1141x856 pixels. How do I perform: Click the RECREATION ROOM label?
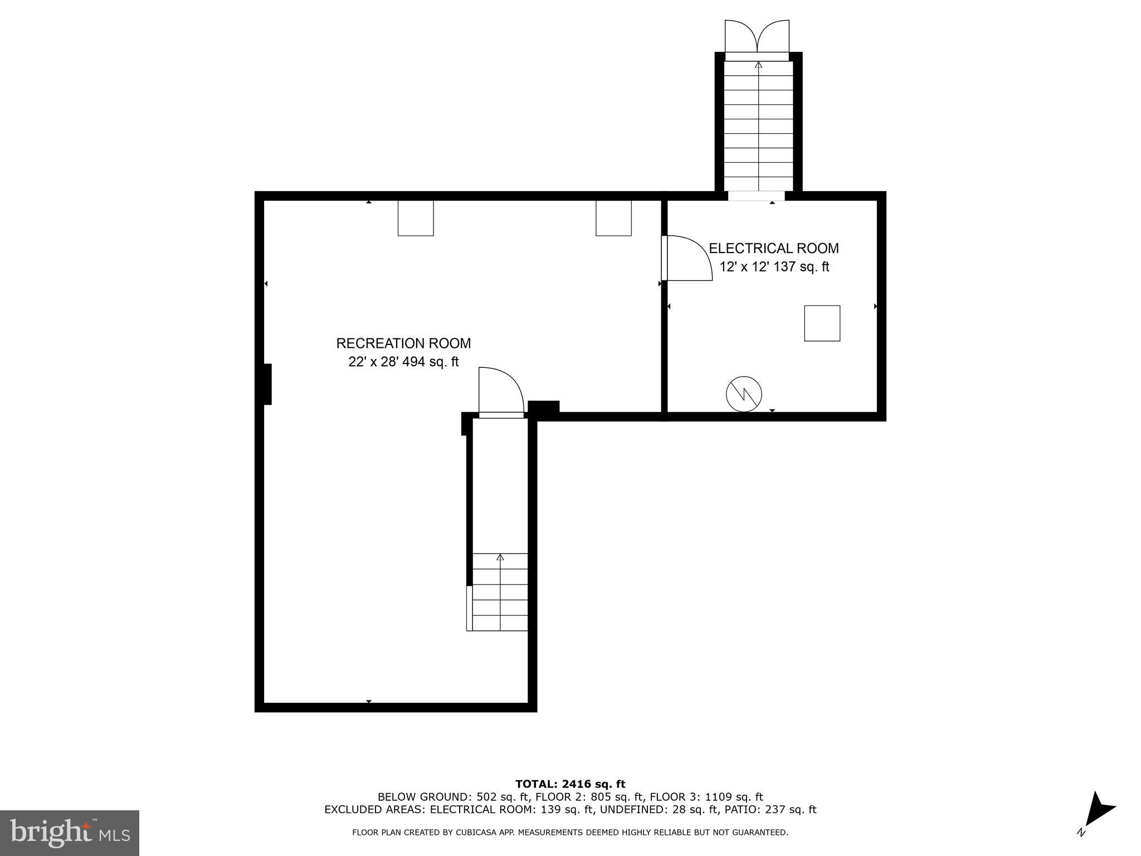(x=403, y=343)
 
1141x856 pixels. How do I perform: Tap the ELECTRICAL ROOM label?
(x=773, y=248)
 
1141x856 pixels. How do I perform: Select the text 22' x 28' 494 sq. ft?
(x=403, y=362)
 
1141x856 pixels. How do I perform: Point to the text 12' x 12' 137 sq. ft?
(x=774, y=267)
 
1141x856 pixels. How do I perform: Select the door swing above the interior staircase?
(x=500, y=390)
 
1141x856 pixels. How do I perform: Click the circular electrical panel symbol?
(x=744, y=394)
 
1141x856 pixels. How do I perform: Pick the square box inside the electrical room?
(x=822, y=323)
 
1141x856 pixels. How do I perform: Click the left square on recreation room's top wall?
(x=416, y=218)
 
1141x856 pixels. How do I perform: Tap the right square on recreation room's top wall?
(x=613, y=218)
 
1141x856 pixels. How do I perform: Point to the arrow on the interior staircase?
(x=500, y=557)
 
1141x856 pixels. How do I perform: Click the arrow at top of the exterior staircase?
(x=758, y=65)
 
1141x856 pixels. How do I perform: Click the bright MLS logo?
(x=70, y=833)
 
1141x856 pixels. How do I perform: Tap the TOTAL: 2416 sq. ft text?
(x=570, y=784)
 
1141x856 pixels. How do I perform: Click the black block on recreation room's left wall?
(x=267, y=384)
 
